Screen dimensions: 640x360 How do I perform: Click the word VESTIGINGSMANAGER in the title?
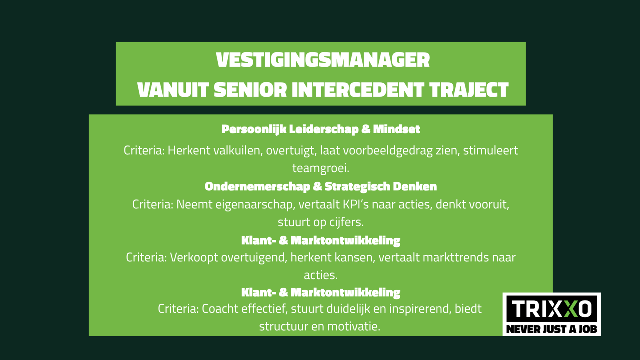[323, 60]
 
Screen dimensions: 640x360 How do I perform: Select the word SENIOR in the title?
[250, 90]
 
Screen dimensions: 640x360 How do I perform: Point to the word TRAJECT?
[469, 90]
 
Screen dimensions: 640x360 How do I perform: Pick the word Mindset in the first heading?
[396, 129]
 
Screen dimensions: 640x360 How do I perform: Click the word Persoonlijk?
[254, 129]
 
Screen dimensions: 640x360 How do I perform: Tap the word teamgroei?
[321, 168]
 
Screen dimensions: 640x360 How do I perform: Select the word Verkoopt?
[194, 257]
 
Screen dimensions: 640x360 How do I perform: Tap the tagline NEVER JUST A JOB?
[552, 329]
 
